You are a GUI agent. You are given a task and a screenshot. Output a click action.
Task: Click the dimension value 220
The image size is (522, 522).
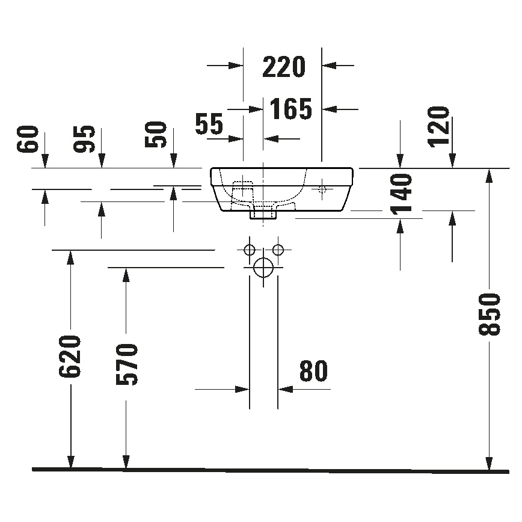[x=284, y=67]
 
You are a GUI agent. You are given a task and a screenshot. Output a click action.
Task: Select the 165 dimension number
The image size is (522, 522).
[x=291, y=109]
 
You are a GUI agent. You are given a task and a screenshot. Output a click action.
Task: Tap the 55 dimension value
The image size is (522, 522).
[x=209, y=124]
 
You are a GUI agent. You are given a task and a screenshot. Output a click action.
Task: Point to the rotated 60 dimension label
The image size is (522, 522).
[x=28, y=140]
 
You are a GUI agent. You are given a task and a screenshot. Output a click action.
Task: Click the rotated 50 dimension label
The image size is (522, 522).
[x=156, y=135]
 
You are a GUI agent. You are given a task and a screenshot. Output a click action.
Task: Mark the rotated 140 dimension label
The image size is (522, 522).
[x=401, y=194]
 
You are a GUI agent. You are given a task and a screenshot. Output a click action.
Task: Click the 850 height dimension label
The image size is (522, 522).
[x=492, y=314]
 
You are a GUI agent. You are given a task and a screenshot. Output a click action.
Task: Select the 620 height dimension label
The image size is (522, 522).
[x=70, y=357]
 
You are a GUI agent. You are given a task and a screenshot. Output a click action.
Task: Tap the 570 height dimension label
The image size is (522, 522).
[x=126, y=364]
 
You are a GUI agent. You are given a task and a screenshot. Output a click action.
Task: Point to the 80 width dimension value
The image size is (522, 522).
[x=313, y=372]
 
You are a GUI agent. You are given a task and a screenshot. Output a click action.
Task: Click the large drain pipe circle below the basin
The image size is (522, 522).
[x=263, y=267]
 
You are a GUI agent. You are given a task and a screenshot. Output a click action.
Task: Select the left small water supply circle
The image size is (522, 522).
[x=249, y=249]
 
